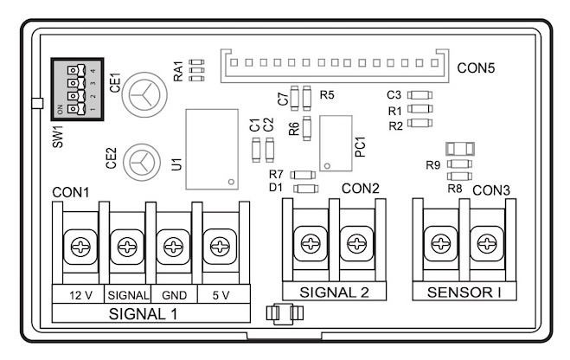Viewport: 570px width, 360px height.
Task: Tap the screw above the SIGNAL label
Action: (x=127, y=248)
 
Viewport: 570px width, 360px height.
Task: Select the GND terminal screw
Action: (x=173, y=248)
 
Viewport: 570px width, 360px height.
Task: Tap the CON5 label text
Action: (x=477, y=67)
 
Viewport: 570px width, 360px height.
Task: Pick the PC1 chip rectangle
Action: (x=335, y=144)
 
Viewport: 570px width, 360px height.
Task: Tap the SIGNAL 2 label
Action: (x=334, y=292)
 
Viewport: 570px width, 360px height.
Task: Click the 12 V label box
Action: (x=80, y=294)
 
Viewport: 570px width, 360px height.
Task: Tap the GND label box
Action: (x=175, y=294)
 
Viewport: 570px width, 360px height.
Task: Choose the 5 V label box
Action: (x=220, y=294)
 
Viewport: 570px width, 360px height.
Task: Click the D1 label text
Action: (x=276, y=187)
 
